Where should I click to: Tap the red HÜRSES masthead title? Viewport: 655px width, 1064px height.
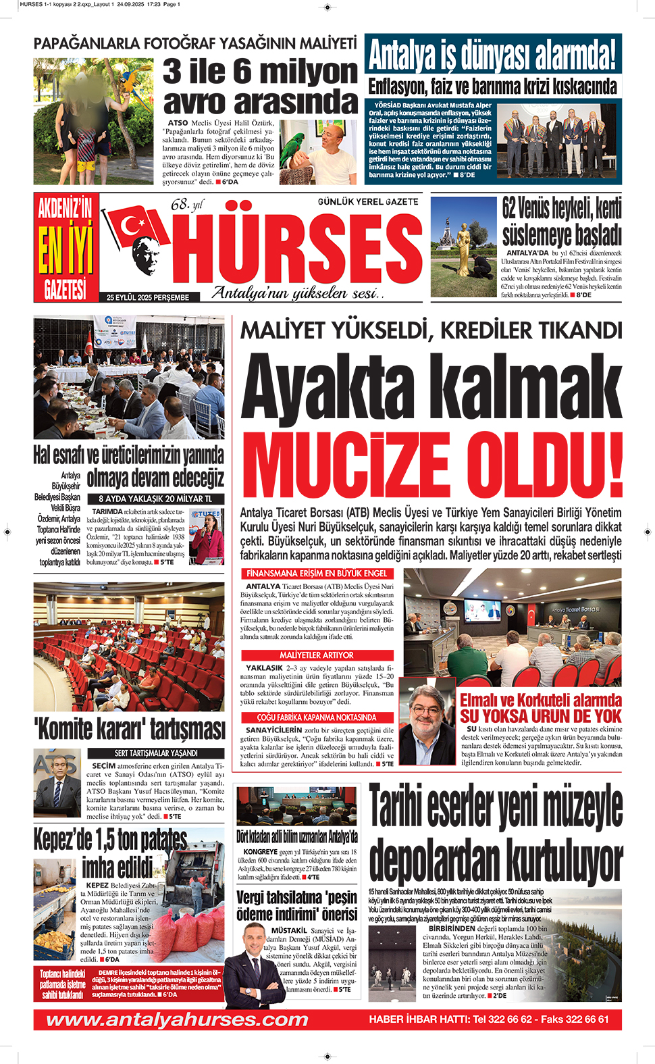[x=298, y=251]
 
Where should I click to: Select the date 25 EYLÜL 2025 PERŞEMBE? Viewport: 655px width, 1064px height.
[x=148, y=297]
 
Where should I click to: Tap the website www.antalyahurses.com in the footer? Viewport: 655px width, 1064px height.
[x=177, y=1019]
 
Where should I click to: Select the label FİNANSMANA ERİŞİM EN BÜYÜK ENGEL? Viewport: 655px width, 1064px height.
[x=317, y=574]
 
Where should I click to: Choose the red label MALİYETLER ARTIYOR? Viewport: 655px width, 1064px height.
[x=317, y=655]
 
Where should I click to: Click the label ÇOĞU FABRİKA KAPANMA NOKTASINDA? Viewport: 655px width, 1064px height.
[x=317, y=717]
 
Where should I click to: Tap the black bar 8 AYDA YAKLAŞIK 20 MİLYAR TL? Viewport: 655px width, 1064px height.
[x=155, y=499]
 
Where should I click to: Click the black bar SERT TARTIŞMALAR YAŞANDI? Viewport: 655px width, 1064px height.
[x=156, y=753]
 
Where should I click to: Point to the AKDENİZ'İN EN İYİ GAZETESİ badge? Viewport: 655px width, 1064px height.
[x=65, y=248]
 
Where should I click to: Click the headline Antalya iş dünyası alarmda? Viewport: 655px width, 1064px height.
[x=492, y=55]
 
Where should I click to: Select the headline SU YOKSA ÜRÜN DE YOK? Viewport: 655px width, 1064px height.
[x=541, y=716]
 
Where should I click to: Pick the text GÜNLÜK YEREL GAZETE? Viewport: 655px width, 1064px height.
[x=368, y=202]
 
